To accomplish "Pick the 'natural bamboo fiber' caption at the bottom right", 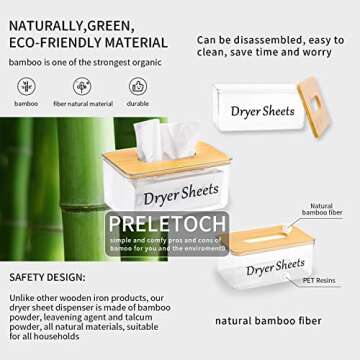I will click(x=269, y=322).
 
